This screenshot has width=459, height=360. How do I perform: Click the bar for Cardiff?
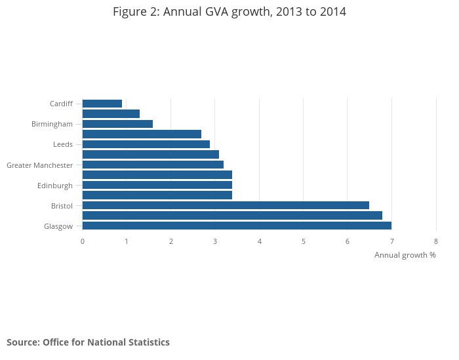tap(102, 104)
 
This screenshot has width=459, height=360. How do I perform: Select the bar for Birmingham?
tap(117, 124)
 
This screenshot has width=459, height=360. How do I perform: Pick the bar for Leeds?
tap(146, 144)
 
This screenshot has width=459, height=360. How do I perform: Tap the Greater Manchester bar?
tap(153, 165)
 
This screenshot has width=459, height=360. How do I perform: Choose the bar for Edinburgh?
tap(157, 185)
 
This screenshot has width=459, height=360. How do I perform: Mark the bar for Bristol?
tap(226, 205)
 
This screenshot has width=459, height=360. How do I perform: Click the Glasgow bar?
tap(237, 226)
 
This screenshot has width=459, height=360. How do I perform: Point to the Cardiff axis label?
tap(61, 104)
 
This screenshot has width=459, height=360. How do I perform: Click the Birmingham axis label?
tap(52, 124)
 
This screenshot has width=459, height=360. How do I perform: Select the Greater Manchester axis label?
tap(39, 165)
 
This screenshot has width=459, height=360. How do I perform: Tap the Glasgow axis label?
tap(58, 226)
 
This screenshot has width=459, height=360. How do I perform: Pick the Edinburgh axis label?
tap(55, 186)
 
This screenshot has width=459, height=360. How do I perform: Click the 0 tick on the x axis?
tap(83, 241)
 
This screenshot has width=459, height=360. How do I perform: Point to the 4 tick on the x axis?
tap(260, 241)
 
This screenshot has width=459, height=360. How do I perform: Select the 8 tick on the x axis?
tap(436, 241)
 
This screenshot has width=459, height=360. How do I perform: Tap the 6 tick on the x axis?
tap(348, 241)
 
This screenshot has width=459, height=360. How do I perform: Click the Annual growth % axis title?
tap(405, 254)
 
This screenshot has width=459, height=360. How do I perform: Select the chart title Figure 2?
tap(229, 12)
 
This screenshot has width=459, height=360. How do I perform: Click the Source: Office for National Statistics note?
tap(88, 342)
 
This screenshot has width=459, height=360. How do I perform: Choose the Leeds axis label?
tap(63, 144)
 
